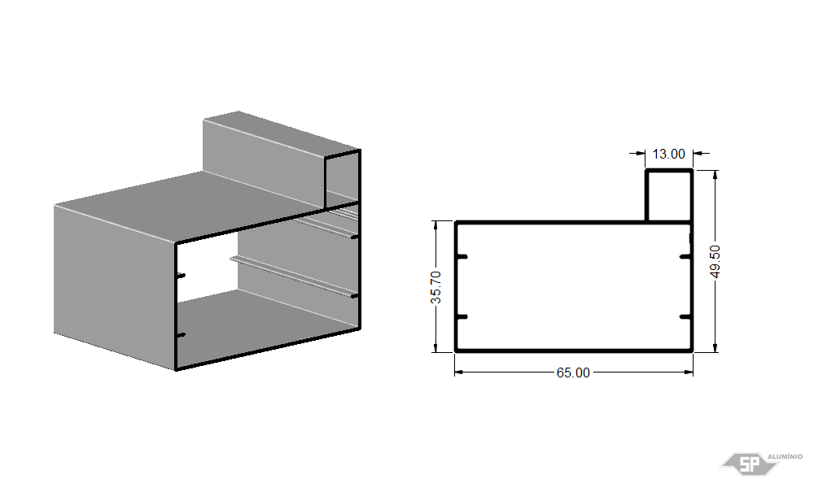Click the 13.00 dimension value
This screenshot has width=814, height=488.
coord(668,154)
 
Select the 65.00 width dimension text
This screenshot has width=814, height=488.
coord(573,373)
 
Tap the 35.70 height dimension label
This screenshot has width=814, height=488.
coord(436,287)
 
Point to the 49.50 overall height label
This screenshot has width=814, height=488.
coord(716,261)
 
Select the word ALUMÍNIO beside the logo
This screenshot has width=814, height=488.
coord(785,456)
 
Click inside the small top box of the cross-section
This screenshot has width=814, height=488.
coord(669,195)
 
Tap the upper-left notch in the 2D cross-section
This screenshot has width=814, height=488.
coord(462,257)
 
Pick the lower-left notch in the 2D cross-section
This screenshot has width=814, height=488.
coord(462,316)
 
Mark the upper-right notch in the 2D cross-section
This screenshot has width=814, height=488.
coord(685,257)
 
